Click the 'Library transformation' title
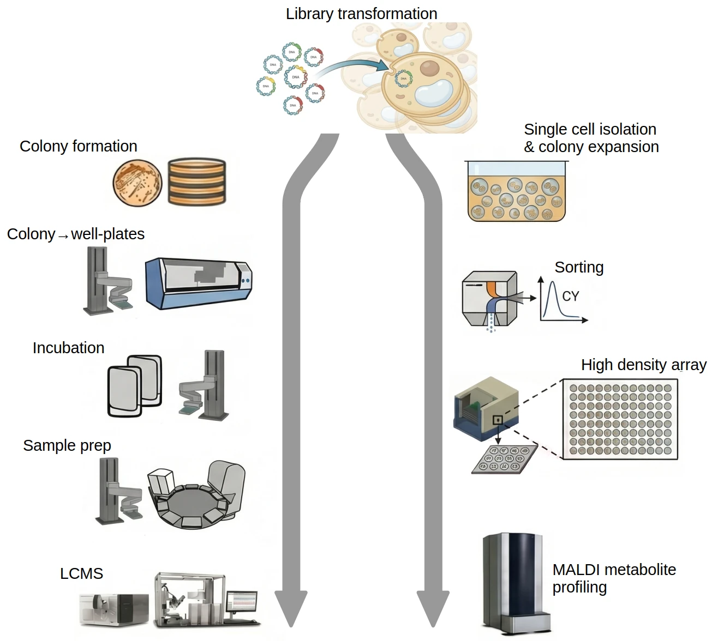(x=361, y=14)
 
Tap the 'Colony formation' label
(x=78, y=146)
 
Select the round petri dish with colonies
(x=137, y=183)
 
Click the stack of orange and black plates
(x=196, y=182)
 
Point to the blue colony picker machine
(x=199, y=283)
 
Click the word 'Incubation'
(x=68, y=348)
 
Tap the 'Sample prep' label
(x=67, y=445)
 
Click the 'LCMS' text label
(x=81, y=573)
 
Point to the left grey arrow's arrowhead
(x=291, y=608)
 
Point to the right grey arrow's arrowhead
(x=433, y=608)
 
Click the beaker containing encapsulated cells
(x=516, y=191)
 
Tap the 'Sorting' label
(x=579, y=267)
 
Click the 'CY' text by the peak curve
(x=570, y=296)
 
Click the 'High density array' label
(x=643, y=365)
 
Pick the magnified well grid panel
(x=620, y=420)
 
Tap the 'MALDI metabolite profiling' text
(x=614, y=578)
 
